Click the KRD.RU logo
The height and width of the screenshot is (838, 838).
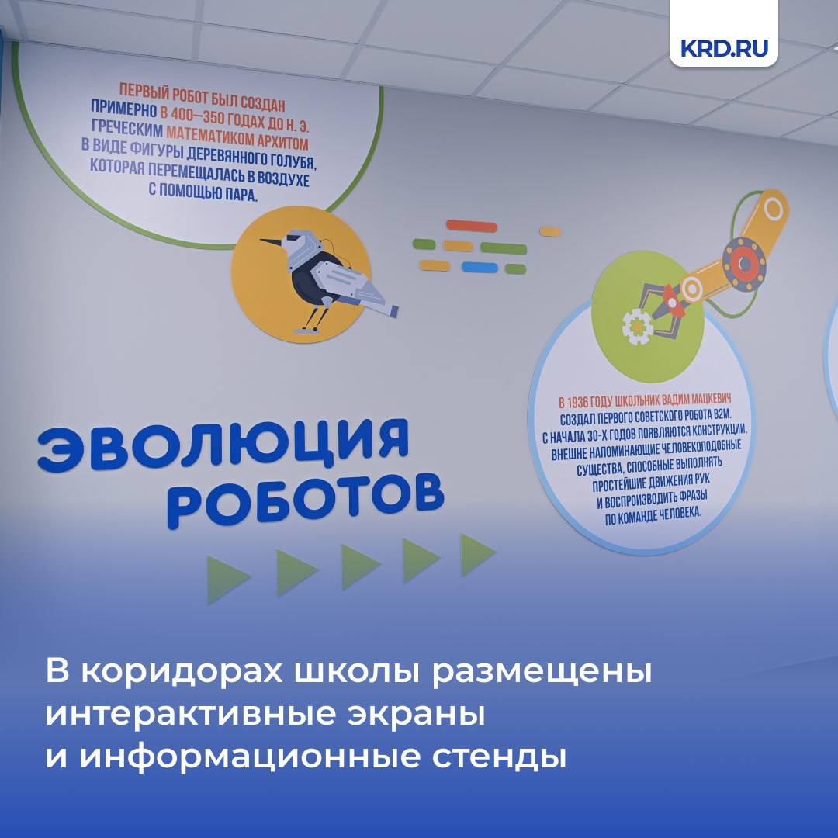coord(724,48)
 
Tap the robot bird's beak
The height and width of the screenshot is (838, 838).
coord(273,243)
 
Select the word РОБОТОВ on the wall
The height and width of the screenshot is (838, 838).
coord(305,500)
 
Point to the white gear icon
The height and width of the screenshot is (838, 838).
coord(635,325)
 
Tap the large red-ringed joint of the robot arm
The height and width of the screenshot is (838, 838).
coord(744,264)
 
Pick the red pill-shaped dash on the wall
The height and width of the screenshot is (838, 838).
coord(472,226)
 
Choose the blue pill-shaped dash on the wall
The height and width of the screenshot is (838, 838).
coord(480,267)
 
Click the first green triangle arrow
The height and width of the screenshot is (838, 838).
coord(227,580)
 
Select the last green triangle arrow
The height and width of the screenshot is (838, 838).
coord(477,554)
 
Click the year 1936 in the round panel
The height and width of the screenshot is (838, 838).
coord(580,402)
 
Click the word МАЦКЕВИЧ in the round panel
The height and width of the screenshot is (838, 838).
coord(710,400)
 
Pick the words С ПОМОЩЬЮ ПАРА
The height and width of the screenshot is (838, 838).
coord(203,192)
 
